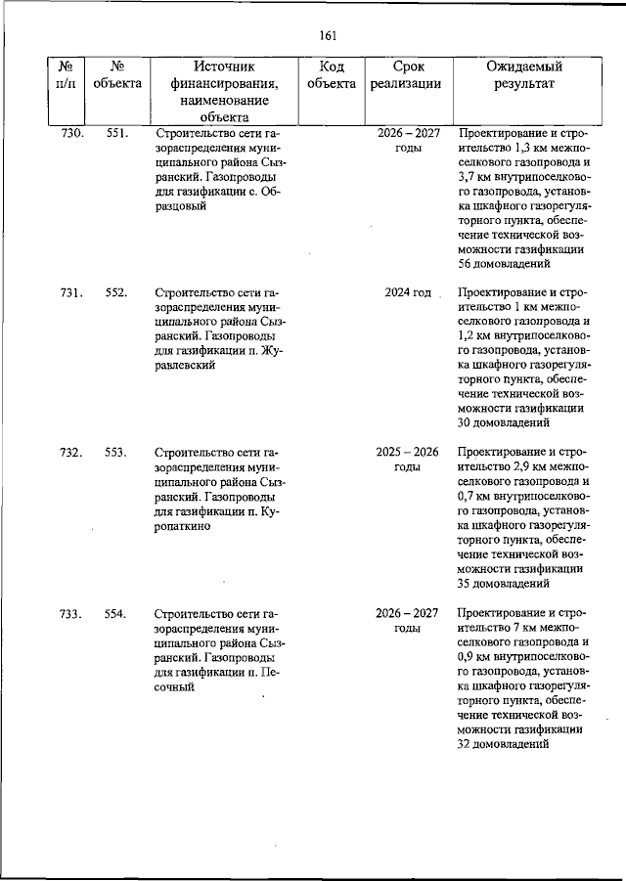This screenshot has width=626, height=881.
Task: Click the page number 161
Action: click(x=328, y=37)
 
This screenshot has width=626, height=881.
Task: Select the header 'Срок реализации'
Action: click(x=407, y=75)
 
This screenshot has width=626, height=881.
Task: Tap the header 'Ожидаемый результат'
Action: click(x=524, y=75)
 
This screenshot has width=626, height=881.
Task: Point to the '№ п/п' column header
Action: click(x=67, y=75)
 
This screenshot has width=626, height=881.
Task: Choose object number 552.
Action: click(x=117, y=292)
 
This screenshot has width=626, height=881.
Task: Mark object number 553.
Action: click(x=117, y=453)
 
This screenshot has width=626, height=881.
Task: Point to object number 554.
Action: click(x=117, y=613)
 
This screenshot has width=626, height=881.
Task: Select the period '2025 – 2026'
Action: click(x=407, y=453)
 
